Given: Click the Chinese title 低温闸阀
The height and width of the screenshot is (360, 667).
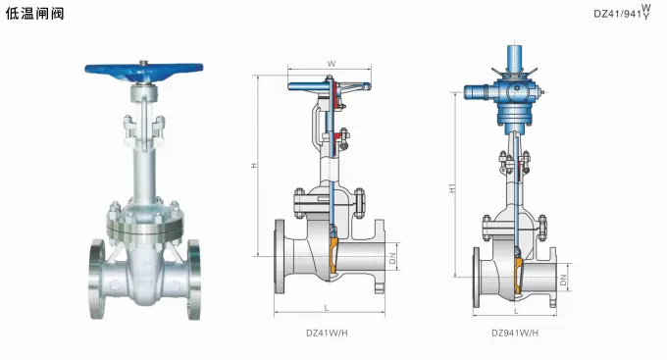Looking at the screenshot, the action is (34, 13).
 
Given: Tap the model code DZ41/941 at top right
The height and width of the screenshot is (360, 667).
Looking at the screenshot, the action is (617, 14).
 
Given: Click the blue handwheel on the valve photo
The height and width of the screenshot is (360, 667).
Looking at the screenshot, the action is (144, 70).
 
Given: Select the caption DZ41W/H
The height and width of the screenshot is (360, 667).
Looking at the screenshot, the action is (327, 333).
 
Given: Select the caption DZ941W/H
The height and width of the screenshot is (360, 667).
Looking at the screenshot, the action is (515, 333).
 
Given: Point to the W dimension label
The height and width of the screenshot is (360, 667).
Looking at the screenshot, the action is (331, 64).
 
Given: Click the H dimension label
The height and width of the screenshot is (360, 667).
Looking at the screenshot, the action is (254, 165).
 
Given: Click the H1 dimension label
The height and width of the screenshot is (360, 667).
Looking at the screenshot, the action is (452, 187).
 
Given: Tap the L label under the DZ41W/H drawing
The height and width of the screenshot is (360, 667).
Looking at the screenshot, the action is (327, 308).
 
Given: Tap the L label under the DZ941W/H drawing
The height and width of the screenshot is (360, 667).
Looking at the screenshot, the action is (516, 311).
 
